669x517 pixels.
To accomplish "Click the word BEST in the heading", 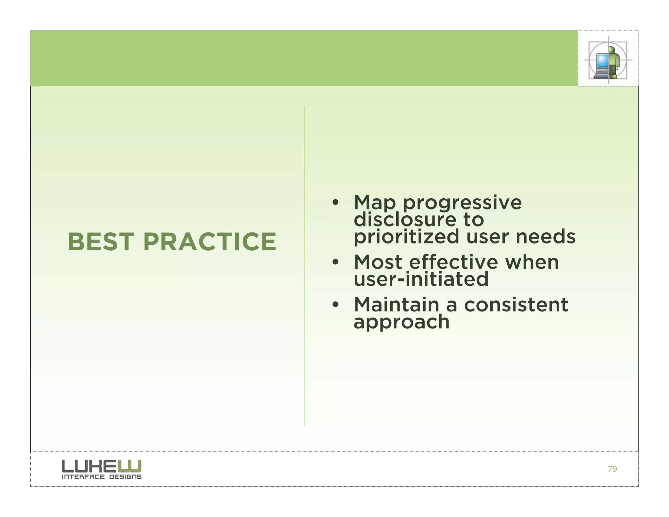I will (x=101, y=242).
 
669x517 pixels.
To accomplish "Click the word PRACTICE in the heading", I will (x=210, y=242).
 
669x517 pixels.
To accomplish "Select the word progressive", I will (x=462, y=203).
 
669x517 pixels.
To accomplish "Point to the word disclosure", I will (x=405, y=219).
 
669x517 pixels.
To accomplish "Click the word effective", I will (x=454, y=262).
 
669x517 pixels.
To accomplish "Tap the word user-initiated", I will (x=421, y=279).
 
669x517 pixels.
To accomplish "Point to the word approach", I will (x=401, y=322).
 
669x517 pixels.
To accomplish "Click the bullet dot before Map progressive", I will (x=335, y=203).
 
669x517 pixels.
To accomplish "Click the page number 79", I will (x=612, y=469).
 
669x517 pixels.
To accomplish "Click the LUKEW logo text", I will (x=102, y=466).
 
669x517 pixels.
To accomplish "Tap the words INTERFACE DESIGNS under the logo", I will (x=102, y=477).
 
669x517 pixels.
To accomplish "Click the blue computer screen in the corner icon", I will (x=602, y=60).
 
